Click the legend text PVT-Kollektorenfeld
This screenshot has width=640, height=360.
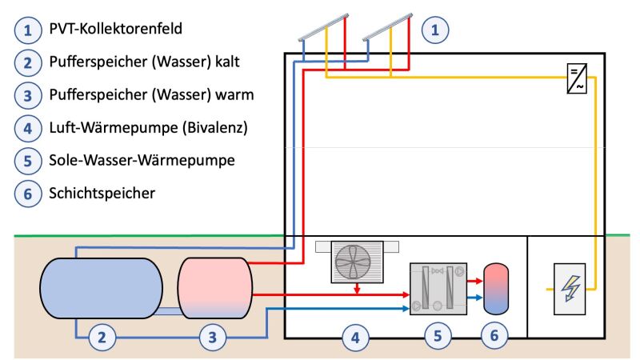(115, 29)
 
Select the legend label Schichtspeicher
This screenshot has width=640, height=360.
(102, 193)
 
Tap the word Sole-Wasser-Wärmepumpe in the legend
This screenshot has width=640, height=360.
(142, 160)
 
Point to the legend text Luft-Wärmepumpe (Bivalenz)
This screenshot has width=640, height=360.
(149, 128)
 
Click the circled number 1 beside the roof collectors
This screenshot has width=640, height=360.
(435, 30)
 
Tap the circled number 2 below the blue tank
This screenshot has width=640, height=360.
(102, 338)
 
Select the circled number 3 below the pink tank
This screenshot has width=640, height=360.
(213, 338)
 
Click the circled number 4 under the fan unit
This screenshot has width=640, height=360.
(355, 338)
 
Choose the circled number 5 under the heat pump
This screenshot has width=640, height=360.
(438, 336)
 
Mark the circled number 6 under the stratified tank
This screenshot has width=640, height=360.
(494, 335)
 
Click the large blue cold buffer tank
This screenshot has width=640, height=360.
(102, 288)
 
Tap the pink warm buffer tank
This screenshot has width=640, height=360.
(215, 288)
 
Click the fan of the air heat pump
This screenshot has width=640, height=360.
(353, 262)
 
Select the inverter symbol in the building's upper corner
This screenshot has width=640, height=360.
(577, 78)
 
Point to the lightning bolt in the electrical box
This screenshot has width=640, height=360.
(570, 288)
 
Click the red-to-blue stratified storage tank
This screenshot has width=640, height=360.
(496, 289)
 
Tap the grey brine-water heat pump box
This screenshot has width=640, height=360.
(438, 289)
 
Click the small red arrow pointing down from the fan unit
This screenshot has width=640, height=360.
(357, 288)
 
